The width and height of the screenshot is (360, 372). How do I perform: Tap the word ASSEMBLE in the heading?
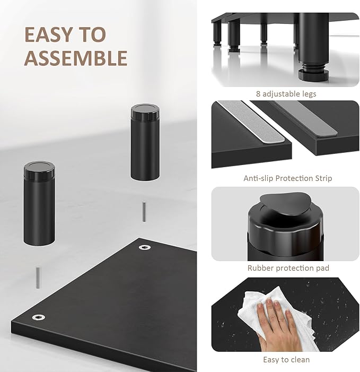coord(76,58)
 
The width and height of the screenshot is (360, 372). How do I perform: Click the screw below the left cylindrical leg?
coord(38,278)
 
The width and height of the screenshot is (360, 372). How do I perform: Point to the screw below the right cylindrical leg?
coord(144,212)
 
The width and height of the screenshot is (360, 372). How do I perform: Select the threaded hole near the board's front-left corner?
coord(38,317)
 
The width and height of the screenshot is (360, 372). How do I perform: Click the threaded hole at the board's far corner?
coord(145,247)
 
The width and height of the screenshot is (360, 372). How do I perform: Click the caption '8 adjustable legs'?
coord(286,94)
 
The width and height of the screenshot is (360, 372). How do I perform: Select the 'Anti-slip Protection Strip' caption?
coord(288,178)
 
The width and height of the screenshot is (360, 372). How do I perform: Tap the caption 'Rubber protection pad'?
coord(288,268)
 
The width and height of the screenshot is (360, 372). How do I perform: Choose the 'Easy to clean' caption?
coord(286,360)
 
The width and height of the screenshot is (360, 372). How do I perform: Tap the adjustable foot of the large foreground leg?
coord(313,74)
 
